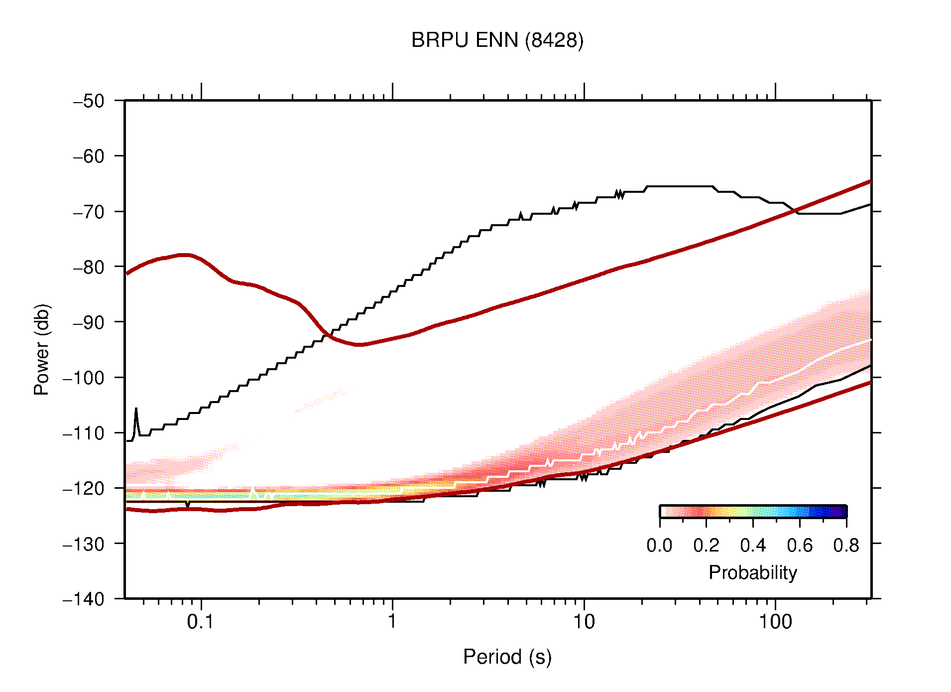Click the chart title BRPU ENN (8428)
click(497, 40)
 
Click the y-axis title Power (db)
click(42, 349)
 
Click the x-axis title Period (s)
click(507, 657)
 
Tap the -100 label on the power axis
click(84, 378)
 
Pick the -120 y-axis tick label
click(84, 488)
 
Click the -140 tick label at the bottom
click(84, 599)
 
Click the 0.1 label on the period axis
click(201, 622)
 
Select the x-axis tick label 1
click(392, 622)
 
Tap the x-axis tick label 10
click(584, 622)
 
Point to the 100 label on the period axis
click(775, 622)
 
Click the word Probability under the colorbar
click(752, 573)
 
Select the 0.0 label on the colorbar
click(659, 546)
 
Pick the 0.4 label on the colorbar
click(753, 546)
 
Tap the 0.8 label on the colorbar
click(846, 546)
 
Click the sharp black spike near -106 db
click(136, 410)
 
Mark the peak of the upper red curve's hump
click(184, 255)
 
